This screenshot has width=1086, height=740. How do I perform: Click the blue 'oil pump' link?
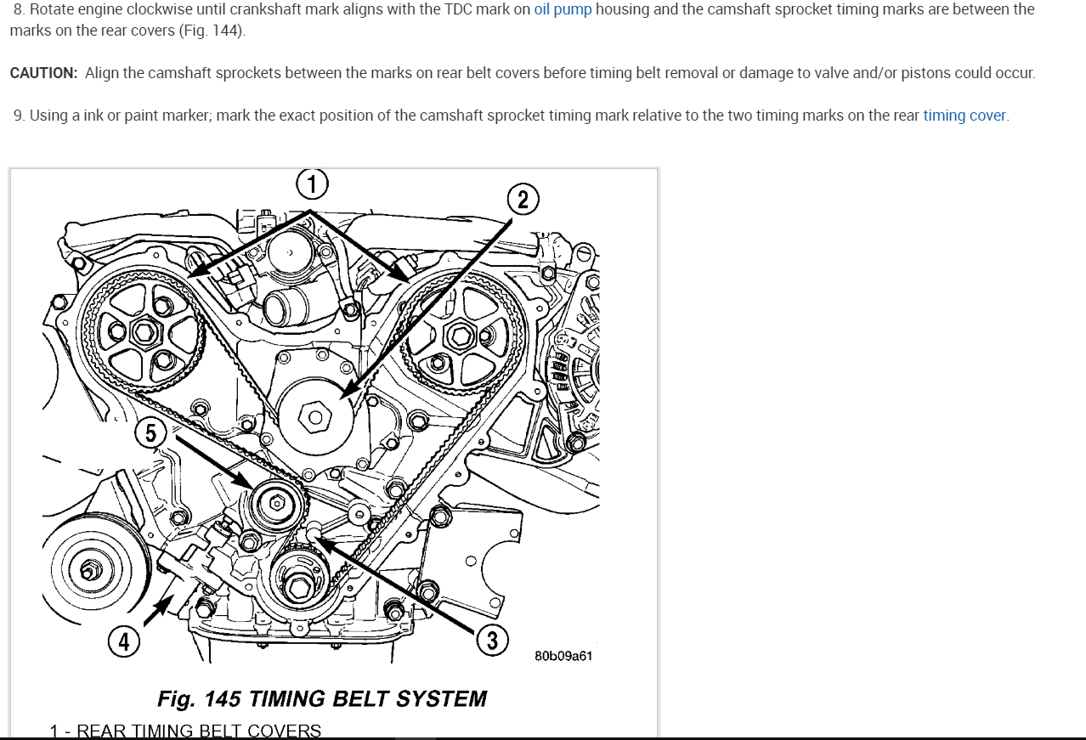[563, 10]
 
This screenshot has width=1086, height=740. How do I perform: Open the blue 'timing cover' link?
[964, 116]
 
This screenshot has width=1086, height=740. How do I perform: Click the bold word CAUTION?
[43, 73]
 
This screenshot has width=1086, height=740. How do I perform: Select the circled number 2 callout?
[523, 200]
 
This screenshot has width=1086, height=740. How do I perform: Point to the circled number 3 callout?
[492, 639]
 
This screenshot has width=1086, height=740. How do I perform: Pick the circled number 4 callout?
[124, 642]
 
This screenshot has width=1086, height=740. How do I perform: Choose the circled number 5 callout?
[150, 433]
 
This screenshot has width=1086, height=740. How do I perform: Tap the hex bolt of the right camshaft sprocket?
[461, 336]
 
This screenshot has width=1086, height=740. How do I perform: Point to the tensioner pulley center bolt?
[277, 503]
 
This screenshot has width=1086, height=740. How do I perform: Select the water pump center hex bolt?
[316, 417]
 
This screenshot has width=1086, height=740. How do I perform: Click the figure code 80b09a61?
[563, 656]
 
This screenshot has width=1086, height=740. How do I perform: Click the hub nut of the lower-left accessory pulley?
[88, 570]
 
